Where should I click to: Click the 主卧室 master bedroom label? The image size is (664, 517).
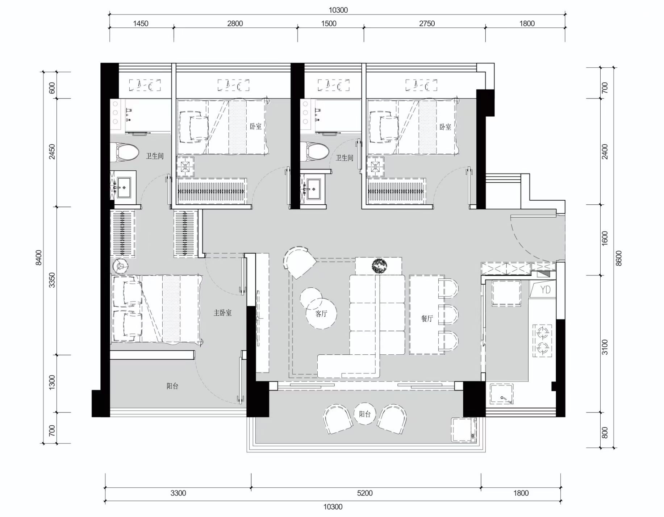tap(222, 313)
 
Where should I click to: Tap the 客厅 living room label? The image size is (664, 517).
tap(321, 314)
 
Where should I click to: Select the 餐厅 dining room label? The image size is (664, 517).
tap(427, 318)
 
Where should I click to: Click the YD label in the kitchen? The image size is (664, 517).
tap(545, 289)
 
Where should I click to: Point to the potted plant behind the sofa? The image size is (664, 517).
tap(379, 266)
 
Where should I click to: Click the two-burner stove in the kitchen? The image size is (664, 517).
tap(542, 341)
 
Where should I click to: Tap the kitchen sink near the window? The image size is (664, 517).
tap(501, 394)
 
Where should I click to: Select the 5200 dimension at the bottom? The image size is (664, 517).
tap(364, 493)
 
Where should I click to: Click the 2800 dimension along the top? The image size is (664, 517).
tap(235, 24)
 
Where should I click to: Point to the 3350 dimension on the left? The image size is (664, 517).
tap(52, 280)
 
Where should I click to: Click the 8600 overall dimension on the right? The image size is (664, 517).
tap(618, 258)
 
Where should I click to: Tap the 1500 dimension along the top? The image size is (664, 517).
tap(329, 24)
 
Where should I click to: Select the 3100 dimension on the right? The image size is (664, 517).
tap(605, 347)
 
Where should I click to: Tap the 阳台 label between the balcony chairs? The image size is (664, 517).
tap(364, 414)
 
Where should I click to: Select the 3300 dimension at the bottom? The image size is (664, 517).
tap(178, 493)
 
